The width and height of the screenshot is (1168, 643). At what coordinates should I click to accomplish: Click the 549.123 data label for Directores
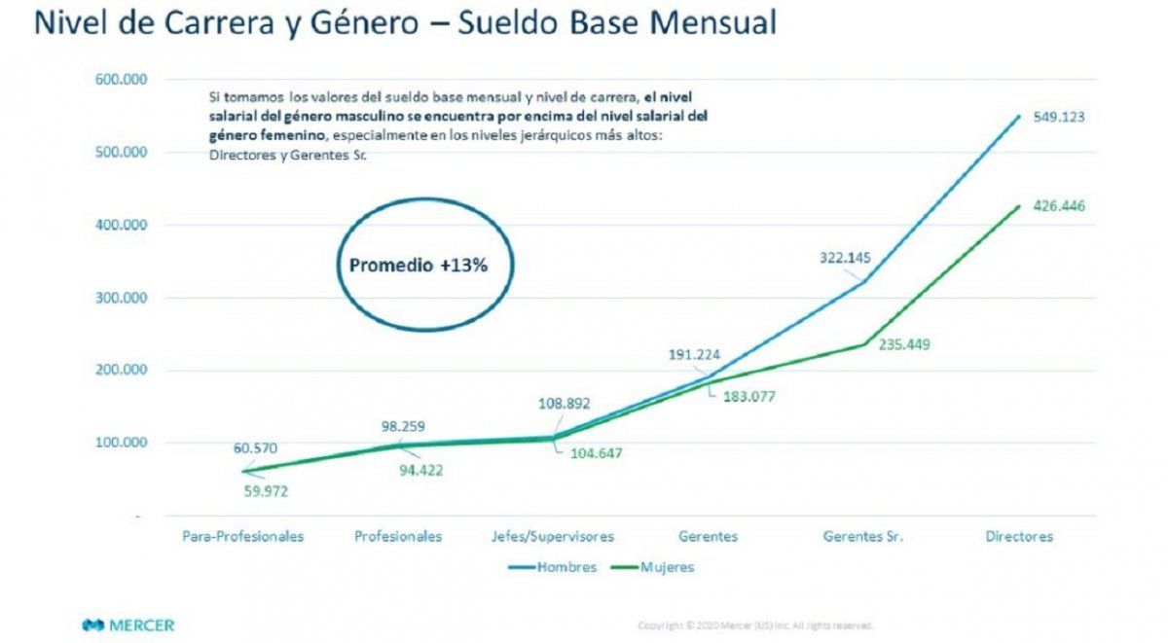1058,117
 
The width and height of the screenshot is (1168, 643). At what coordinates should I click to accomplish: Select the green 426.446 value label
1058,205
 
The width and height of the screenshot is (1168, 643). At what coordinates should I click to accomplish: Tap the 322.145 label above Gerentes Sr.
843,259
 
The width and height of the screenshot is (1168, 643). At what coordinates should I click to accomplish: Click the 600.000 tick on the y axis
121,80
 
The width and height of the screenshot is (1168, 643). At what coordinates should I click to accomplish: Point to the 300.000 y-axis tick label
121,298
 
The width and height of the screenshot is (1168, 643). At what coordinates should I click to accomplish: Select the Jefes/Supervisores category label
553,536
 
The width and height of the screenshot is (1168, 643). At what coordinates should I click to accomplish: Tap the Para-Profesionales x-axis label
243,536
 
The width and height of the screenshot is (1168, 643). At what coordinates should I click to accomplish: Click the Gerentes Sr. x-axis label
863,536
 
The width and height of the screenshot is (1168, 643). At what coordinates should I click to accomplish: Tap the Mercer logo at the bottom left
128,625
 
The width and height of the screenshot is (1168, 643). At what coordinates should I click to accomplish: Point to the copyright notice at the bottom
755,625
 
